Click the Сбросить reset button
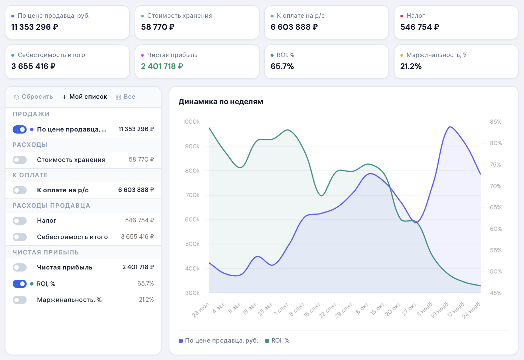tap(33, 97)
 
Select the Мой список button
tap(85, 97)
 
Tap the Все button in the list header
tap(126, 97)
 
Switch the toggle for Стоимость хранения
tap(19, 160)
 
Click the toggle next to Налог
tap(19, 221)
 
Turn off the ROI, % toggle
tap(19, 284)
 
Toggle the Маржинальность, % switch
tap(19, 300)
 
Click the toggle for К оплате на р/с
tap(19, 190)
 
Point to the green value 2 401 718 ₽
tap(162, 66)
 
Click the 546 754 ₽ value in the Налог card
tap(419, 27)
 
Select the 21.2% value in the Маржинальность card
tap(411, 66)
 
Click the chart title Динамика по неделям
tap(221, 102)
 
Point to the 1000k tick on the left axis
tap(191, 122)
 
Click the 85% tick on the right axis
tap(496, 122)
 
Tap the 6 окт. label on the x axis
tap(363, 308)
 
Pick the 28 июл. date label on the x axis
tap(201, 309)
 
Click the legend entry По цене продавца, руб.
tap(218, 341)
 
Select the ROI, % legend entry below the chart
tap(277, 341)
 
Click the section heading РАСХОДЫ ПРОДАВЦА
tap(51, 206)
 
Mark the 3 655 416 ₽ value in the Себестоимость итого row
tap(137, 237)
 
